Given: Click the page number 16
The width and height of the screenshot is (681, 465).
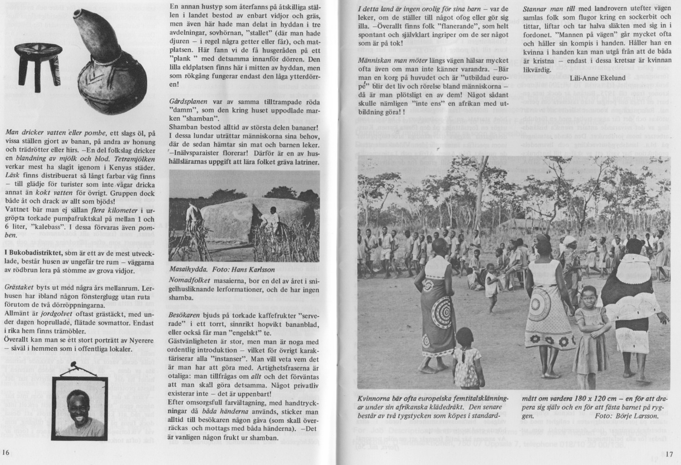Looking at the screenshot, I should (6, 452).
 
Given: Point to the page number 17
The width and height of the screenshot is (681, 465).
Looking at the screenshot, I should (669, 454).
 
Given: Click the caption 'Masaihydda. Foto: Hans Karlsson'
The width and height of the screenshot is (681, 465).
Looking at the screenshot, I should (216, 269).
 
